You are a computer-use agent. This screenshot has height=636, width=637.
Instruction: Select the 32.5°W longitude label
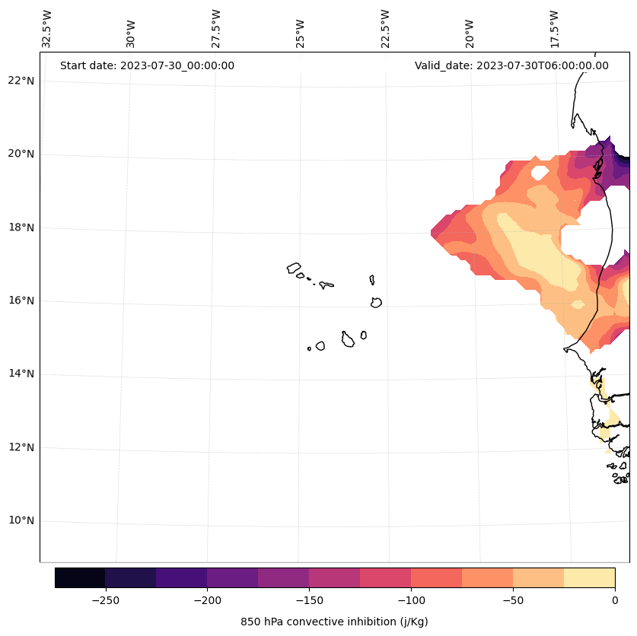pos(47,29)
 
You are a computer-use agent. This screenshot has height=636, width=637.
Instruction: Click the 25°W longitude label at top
pos(301,33)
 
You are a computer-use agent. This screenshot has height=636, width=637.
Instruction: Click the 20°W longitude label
pos(470,33)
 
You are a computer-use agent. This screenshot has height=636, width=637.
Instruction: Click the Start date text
pos(147,65)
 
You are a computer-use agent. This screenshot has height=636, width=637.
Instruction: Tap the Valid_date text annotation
pos(511,65)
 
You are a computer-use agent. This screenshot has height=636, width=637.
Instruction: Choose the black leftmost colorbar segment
pos(80,577)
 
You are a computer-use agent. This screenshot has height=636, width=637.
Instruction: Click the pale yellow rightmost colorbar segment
pos(589,577)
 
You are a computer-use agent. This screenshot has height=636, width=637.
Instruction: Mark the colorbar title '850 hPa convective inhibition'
pos(334,622)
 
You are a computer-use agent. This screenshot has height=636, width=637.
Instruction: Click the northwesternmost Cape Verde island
pos(294,268)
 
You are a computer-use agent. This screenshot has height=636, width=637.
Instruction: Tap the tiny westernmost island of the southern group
pos(309,348)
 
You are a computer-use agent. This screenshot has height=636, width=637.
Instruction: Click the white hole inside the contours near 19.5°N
pos(539,173)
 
